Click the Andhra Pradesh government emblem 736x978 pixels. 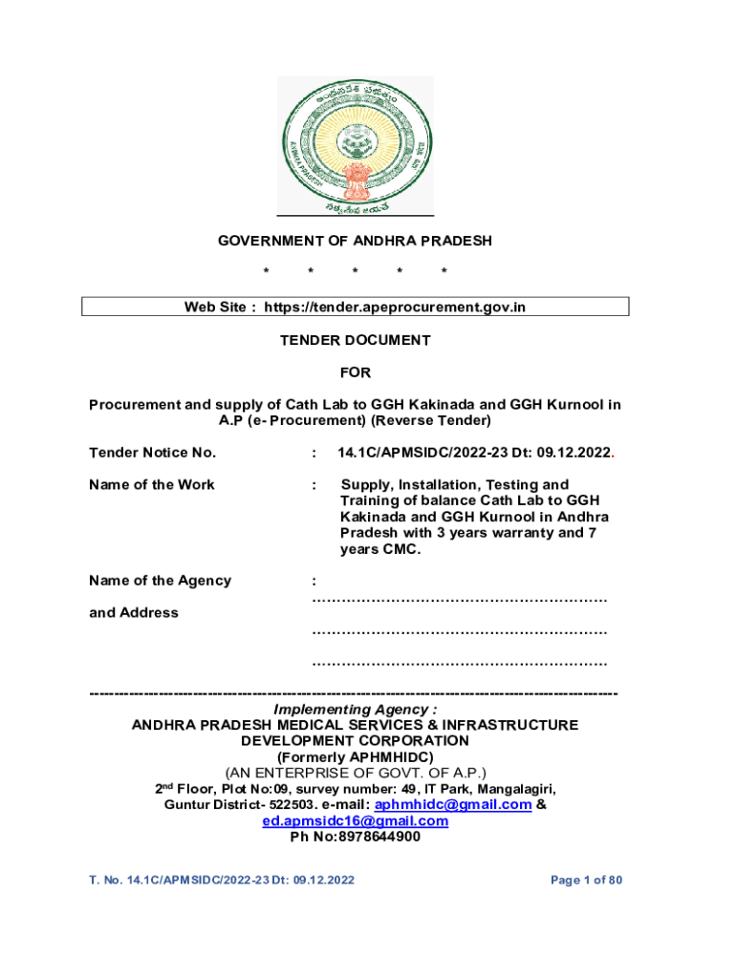pyautogui.click(x=355, y=144)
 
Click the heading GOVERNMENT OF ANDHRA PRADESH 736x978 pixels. pyautogui.click(x=355, y=242)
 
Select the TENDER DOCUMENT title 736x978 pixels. pyautogui.click(x=355, y=340)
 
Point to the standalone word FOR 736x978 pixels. pyautogui.click(x=355, y=372)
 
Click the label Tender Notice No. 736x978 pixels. pyautogui.click(x=153, y=453)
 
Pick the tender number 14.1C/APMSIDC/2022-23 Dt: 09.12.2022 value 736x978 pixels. pyautogui.click(x=476, y=453)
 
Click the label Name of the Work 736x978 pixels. pyautogui.click(x=152, y=484)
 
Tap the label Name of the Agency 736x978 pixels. pyautogui.click(x=160, y=581)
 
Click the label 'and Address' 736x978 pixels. pyautogui.click(x=134, y=613)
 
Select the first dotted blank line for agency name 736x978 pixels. pyautogui.click(x=460, y=600)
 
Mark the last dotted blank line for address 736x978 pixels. pyautogui.click(x=460, y=663)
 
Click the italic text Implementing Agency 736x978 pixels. pyautogui.click(x=355, y=710)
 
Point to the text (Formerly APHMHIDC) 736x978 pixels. pyautogui.click(x=355, y=755)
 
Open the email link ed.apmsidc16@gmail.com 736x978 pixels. pyautogui.click(x=355, y=821)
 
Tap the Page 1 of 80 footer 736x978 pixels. pyautogui.click(x=587, y=880)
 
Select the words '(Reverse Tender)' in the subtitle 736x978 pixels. pyautogui.click(x=431, y=421)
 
